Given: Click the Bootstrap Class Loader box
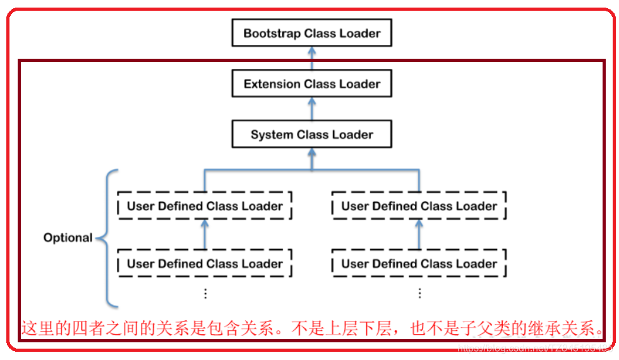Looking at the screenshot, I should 311,33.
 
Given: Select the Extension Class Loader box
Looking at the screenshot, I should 311,84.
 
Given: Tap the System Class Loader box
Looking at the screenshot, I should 311,135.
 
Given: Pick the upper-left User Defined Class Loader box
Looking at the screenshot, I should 205,206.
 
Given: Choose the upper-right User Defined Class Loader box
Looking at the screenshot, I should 419,206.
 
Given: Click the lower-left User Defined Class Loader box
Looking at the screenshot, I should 205,263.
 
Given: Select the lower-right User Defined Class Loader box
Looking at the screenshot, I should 419,263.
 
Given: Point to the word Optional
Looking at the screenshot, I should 68,238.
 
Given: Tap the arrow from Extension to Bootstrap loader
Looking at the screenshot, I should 311,58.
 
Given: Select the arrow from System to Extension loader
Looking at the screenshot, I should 311,109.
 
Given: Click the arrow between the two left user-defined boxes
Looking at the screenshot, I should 205,234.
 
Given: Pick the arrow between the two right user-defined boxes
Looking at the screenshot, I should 419,234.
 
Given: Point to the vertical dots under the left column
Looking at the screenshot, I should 205,293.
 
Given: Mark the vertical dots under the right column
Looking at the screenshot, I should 419,293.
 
